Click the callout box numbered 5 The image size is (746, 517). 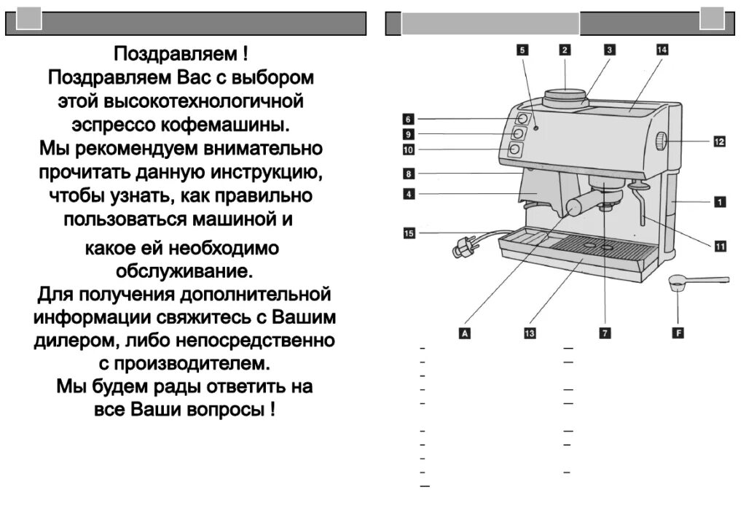click(x=523, y=50)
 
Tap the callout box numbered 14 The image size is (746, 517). click(x=661, y=50)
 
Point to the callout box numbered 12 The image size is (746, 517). click(x=719, y=141)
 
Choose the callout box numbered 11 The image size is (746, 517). click(x=719, y=246)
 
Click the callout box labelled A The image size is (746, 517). click(x=463, y=333)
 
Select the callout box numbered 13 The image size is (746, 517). click(x=530, y=333)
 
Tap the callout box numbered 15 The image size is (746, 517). click(x=409, y=233)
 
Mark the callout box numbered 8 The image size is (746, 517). click(x=409, y=174)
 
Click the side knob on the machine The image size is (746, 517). click(x=661, y=141)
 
